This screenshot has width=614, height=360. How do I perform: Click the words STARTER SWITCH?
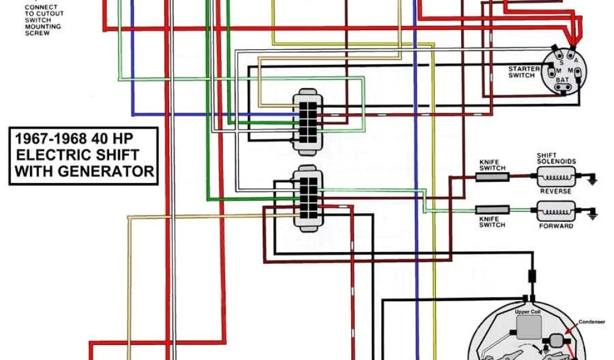[x=524, y=72]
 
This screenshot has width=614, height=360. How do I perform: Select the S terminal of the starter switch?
[x=561, y=62]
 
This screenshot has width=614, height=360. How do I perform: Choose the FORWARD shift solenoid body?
[x=556, y=211]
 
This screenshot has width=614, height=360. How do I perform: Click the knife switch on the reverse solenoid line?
[x=492, y=176]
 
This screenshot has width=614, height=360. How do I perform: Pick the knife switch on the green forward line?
[x=492, y=209]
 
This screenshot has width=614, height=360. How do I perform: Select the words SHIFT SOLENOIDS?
[x=556, y=158]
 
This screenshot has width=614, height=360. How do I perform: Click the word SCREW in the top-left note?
[x=37, y=33]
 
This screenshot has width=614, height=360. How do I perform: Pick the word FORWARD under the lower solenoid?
[x=556, y=226]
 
